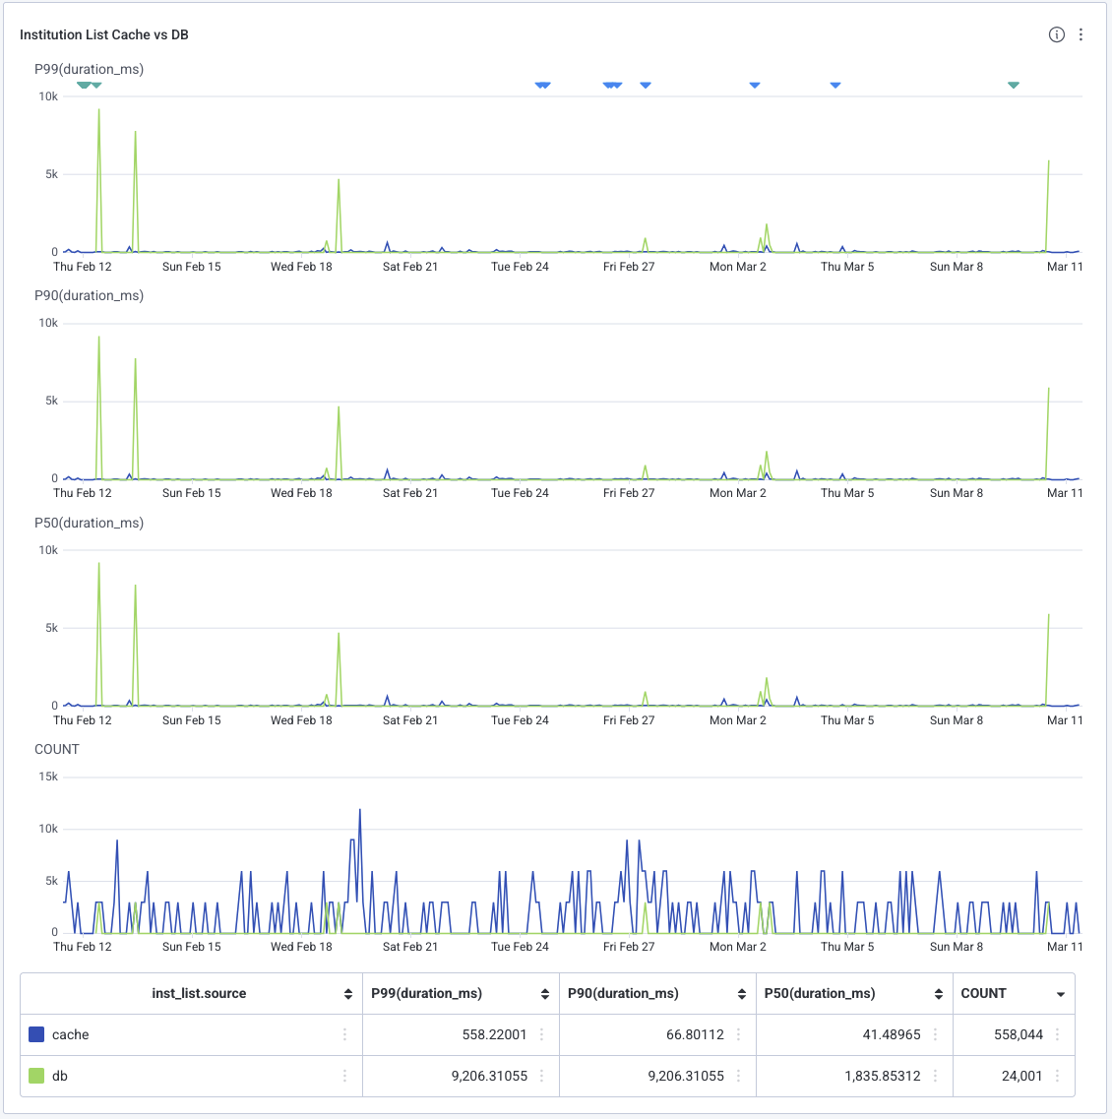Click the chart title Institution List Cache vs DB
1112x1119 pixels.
pos(104,34)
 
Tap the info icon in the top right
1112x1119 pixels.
pos(1057,34)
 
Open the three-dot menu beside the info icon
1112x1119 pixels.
pos(1081,34)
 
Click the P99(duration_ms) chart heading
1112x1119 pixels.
pos(89,69)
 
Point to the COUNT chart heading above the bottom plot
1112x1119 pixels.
pos(56,749)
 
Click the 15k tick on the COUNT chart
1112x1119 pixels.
pos(48,777)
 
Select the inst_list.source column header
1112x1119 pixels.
pos(199,993)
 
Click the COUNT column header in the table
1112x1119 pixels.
pos(983,993)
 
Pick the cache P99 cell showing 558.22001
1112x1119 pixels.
pos(494,1034)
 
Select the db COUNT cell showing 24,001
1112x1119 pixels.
pos(1021,1076)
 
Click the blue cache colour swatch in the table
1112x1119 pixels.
pos(37,1034)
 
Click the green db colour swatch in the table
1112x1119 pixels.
pos(37,1076)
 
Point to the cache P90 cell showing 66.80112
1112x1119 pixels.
pos(695,1034)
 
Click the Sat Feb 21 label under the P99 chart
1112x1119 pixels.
pos(410,267)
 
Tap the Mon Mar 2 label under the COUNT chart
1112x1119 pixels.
pos(737,947)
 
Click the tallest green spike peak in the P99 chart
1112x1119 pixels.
pos(98,110)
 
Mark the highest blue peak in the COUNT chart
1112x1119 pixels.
pos(360,810)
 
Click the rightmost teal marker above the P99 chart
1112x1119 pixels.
pos(1014,86)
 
